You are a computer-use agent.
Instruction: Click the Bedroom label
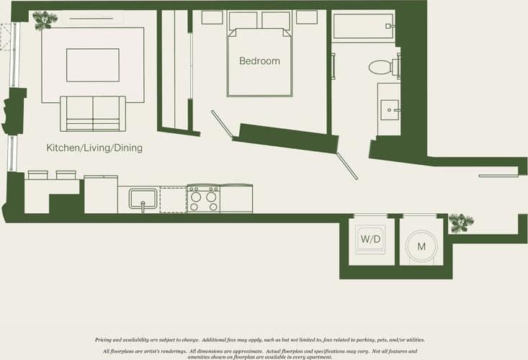coord(259,61)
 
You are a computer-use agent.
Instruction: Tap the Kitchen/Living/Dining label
coord(94,148)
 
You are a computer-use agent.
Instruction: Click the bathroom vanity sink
coord(390,109)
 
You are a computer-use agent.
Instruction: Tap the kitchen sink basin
coord(143,197)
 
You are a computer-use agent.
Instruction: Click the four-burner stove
coord(204,199)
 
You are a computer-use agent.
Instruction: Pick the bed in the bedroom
coord(259,63)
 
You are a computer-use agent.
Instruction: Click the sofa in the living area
coord(92,113)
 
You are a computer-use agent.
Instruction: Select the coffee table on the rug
coord(93,66)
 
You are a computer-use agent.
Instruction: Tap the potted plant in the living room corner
coord(45,19)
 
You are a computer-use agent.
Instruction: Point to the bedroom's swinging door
coord(221,123)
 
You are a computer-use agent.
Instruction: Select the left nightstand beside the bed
coord(212,17)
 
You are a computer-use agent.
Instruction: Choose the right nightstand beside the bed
coord(306,17)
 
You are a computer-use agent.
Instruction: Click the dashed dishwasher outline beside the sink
coord(173,199)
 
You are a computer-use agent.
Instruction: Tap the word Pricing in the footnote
coord(105,340)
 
